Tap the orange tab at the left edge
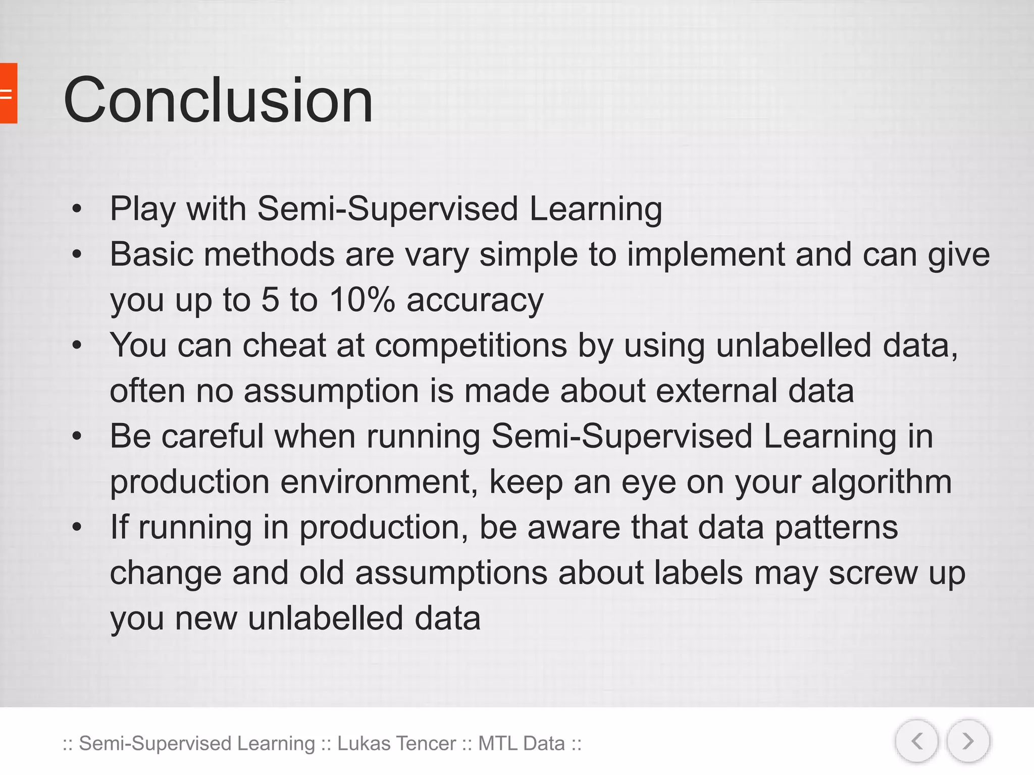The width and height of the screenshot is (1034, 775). (8, 93)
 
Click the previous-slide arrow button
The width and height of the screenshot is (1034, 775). (917, 741)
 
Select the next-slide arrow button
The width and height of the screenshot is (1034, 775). (968, 741)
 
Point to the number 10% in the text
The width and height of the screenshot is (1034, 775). (361, 300)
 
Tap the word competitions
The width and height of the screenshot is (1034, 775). (471, 346)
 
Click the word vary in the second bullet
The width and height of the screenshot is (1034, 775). (437, 254)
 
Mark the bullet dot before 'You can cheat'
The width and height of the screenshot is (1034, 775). (77, 346)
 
